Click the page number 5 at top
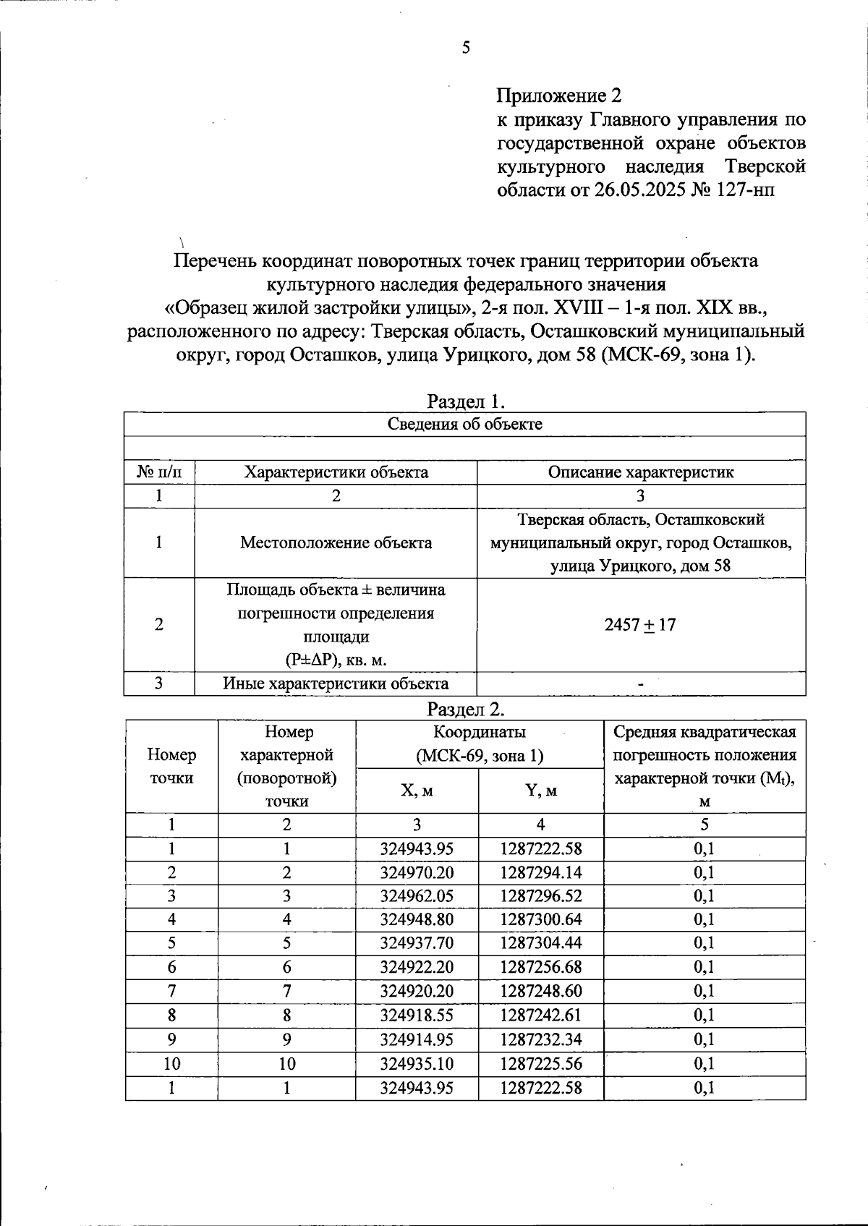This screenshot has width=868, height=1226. tap(466, 48)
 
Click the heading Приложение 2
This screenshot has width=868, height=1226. tap(558, 95)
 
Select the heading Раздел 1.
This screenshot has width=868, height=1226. tap(465, 401)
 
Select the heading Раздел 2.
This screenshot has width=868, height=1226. tap(465, 708)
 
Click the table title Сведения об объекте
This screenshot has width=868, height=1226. tap(465, 424)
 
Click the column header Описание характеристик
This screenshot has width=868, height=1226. tap(641, 472)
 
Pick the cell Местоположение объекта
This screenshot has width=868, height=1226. tap(336, 542)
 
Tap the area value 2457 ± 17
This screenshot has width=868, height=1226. tap(640, 625)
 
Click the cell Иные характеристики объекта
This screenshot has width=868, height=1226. tap(336, 684)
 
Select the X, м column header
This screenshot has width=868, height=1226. tap(417, 791)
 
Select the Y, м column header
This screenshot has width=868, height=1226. tap(540, 791)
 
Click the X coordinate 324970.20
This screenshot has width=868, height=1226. tap(417, 872)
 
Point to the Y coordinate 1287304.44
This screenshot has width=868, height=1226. tap(540, 943)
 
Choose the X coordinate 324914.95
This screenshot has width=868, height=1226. tap(417, 1039)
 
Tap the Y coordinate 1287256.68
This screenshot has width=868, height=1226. tap(540, 967)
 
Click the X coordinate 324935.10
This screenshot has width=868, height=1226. tap(417, 1063)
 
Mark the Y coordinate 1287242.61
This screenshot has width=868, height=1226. tap(540, 1015)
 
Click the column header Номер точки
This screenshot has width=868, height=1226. tap(171, 766)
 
